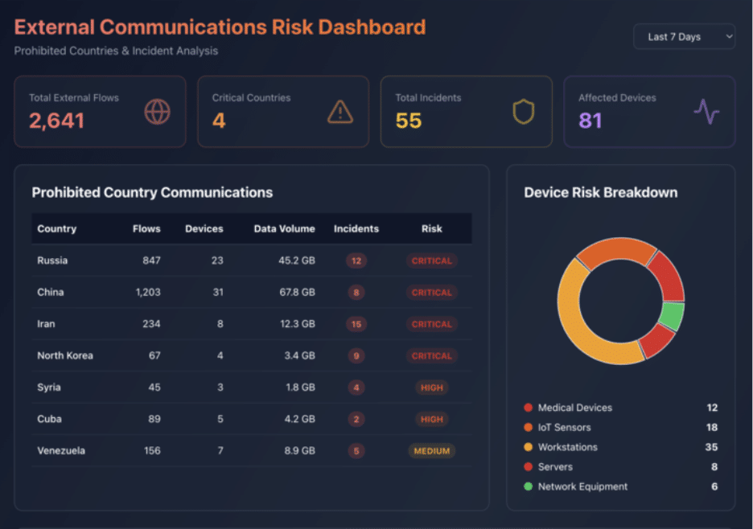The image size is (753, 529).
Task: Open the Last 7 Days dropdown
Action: click(x=684, y=36)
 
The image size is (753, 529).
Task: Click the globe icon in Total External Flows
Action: click(x=157, y=112)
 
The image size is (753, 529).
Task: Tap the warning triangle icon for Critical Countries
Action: click(x=340, y=112)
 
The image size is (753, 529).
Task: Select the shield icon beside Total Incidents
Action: click(x=524, y=112)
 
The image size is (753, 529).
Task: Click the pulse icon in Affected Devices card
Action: click(x=706, y=112)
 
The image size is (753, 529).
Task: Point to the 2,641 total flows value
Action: click(x=57, y=121)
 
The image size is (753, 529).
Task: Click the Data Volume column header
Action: click(x=284, y=228)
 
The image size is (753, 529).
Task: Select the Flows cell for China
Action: click(x=148, y=292)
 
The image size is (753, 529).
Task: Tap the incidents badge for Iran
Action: click(x=356, y=324)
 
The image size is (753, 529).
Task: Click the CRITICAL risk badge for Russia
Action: click(x=432, y=260)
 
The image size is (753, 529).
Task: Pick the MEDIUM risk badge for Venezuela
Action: click(x=432, y=451)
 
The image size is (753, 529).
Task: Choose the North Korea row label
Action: click(x=65, y=355)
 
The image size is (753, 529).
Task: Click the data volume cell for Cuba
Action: click(x=299, y=419)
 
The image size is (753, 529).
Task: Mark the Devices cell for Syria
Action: click(x=220, y=388)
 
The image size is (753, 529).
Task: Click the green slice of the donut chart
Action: click(x=672, y=316)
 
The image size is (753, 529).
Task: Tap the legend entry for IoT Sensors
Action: click(x=564, y=428)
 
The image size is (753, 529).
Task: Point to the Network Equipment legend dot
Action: click(x=528, y=486)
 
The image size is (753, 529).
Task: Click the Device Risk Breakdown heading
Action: click(x=600, y=192)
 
